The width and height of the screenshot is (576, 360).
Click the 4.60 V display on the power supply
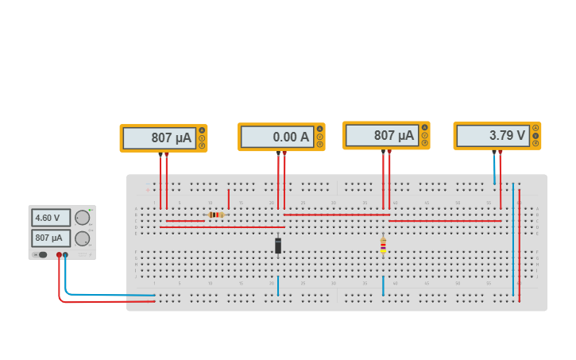(51, 218)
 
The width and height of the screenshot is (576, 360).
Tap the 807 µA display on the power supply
(51, 238)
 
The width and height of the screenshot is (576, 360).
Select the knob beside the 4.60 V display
(82, 218)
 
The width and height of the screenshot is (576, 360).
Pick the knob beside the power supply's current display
(82, 238)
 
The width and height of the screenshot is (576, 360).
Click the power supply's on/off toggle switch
(40, 254)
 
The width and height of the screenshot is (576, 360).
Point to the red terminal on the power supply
(59, 255)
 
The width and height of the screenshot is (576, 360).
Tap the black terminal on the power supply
(65, 255)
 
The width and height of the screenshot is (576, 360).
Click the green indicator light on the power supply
(91, 210)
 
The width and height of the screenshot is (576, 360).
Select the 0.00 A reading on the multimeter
(277, 137)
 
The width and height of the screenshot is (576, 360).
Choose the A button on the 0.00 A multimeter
(320, 129)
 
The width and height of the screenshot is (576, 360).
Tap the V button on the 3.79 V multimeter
(535, 135)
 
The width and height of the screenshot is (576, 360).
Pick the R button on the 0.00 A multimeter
(320, 144)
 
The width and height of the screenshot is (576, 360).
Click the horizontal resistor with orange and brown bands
(215, 215)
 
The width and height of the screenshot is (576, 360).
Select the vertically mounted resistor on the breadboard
(383, 246)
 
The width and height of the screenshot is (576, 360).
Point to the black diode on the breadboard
(278, 246)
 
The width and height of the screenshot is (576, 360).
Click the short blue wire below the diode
(278, 286)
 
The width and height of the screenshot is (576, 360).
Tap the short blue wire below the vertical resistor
(383, 286)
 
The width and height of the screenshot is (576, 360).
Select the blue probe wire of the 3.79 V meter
(494, 168)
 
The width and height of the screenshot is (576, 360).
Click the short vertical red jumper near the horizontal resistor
(229, 199)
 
